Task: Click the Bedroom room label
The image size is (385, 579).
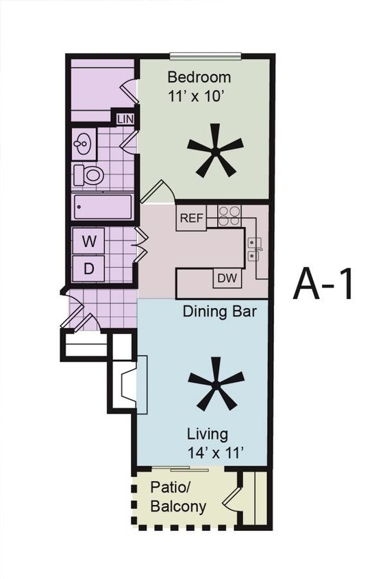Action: [199, 77]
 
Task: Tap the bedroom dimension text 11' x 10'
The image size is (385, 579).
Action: [197, 96]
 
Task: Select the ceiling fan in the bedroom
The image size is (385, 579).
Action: [215, 150]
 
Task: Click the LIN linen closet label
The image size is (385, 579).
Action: [125, 119]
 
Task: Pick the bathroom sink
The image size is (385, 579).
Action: [84, 143]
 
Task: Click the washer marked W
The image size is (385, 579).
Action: [89, 241]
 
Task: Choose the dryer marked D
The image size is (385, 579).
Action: [89, 268]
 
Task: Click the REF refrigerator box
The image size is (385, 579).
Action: [191, 219]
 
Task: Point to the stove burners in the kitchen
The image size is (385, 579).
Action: [229, 215]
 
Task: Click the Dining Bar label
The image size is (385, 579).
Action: [219, 312]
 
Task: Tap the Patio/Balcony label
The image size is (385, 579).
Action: [178, 497]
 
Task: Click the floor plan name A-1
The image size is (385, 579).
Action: [323, 283]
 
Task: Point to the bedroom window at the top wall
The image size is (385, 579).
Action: [206, 56]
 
